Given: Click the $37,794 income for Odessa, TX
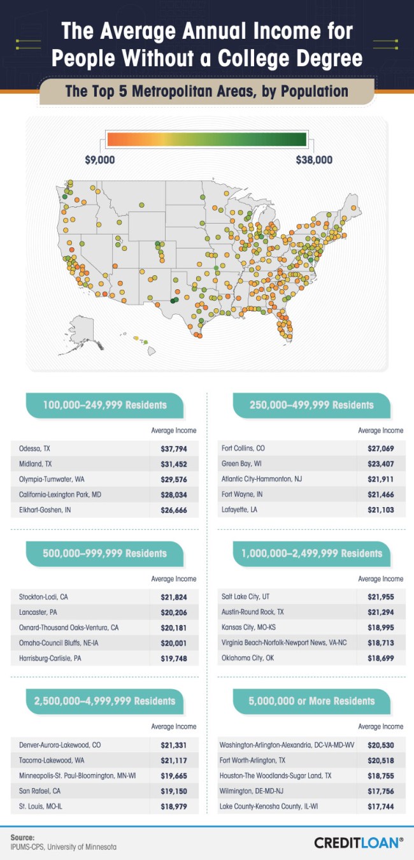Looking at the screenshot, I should click(173, 448).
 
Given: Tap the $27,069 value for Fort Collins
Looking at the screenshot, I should click(380, 448).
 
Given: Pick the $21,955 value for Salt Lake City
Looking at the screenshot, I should click(380, 597).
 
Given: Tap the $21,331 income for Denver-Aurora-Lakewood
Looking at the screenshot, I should click(173, 745).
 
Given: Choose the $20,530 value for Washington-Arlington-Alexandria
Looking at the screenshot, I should click(380, 745).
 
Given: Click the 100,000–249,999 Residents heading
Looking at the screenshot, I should click(104, 405).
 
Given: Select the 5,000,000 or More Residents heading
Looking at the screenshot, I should click(311, 701).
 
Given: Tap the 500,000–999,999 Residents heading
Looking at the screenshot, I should click(104, 553).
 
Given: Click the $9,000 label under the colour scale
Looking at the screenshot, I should click(100, 160).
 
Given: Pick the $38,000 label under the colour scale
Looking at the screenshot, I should click(314, 160).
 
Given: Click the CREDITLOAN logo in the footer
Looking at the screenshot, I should click(358, 842).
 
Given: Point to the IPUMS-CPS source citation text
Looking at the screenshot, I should click(64, 847).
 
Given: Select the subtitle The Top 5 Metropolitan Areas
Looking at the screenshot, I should click(207, 91).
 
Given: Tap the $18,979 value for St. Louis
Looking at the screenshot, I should click(173, 806).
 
